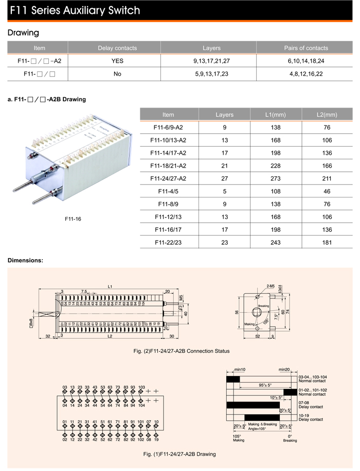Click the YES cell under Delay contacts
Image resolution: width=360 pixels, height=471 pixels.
click(117, 61)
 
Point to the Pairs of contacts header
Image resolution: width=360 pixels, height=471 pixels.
click(306, 48)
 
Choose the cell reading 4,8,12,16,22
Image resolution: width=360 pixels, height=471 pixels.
click(306, 74)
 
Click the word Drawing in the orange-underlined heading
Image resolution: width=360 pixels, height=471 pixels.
click(23, 33)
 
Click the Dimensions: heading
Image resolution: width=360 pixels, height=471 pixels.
click(25, 260)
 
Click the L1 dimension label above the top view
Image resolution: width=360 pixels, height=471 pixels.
click(110, 286)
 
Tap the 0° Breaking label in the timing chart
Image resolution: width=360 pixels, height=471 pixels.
click(290, 438)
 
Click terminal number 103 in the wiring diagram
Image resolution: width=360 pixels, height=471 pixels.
click(141, 387)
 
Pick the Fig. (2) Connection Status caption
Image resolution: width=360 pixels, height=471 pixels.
click(180, 351)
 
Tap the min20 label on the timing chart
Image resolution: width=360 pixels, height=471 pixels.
click(284, 369)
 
